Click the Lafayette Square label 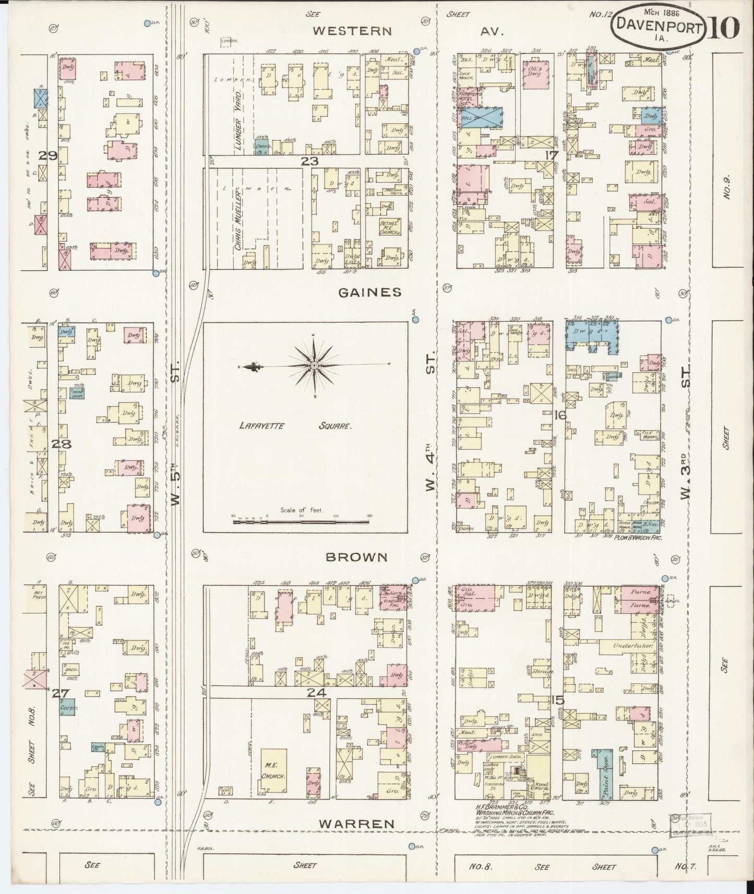[295, 426]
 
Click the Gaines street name [370, 293]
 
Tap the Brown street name [356, 557]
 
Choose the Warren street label [356, 824]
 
